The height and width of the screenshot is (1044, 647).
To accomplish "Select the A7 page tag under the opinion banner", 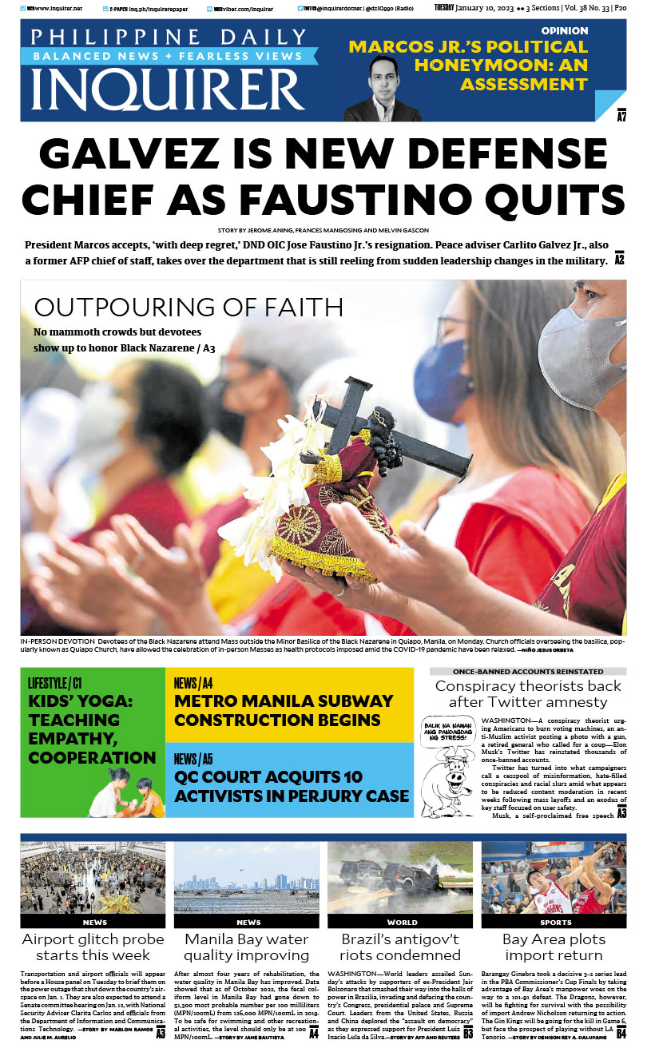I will (621, 117).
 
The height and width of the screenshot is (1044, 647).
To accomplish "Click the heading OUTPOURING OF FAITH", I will (189, 308).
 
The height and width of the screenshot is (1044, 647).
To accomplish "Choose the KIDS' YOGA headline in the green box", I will (92, 728).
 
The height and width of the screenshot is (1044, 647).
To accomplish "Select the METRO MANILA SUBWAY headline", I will (284, 710).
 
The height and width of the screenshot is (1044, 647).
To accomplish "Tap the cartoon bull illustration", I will (461, 767).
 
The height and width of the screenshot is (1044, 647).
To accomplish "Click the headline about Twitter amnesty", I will (528, 694).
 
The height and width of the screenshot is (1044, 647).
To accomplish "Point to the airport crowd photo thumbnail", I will (93, 877).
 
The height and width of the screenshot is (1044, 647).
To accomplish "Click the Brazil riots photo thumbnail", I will (400, 877).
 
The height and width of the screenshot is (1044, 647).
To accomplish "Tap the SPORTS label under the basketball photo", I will (554, 922).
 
